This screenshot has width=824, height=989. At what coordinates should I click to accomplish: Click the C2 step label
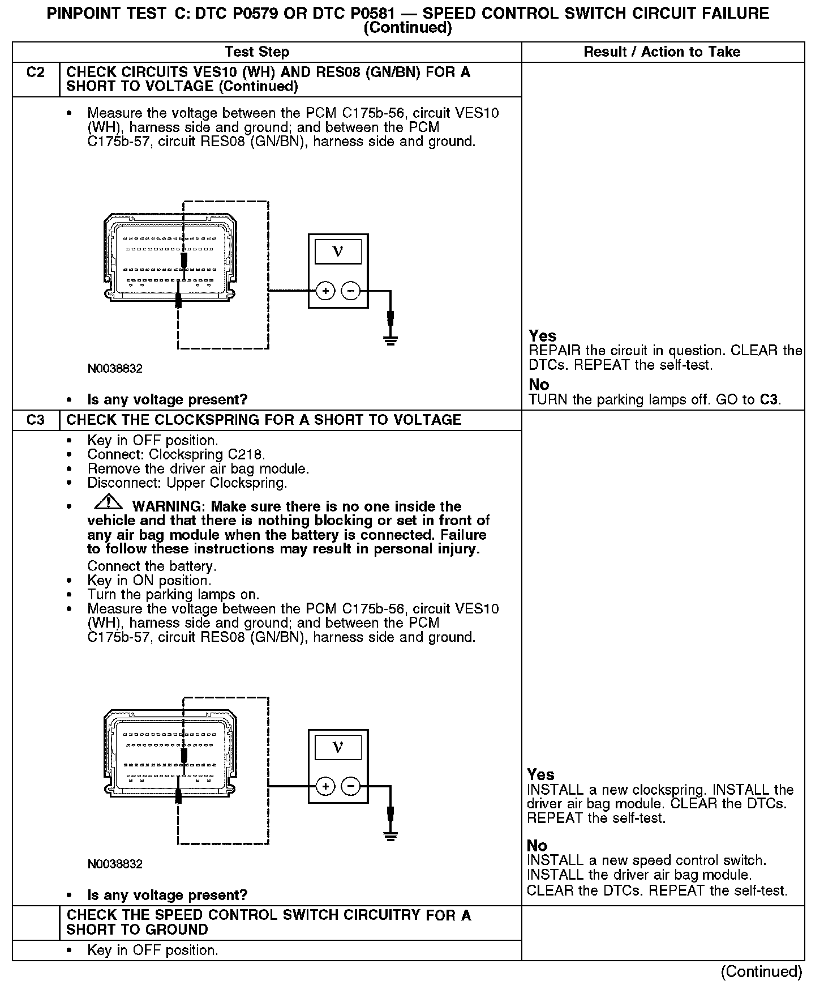click(x=35, y=73)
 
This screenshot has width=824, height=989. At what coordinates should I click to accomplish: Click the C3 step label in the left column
click(x=35, y=420)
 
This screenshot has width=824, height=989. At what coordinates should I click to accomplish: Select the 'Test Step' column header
click(x=257, y=52)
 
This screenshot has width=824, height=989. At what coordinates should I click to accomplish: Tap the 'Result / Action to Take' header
click(x=662, y=52)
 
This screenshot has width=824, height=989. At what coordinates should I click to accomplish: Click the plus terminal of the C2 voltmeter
click(x=325, y=291)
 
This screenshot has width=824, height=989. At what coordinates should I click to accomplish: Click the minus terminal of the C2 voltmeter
click(x=351, y=291)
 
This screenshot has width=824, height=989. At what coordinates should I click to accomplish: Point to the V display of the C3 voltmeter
click(x=338, y=747)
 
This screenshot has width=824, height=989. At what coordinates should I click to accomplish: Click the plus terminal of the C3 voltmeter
click(x=325, y=787)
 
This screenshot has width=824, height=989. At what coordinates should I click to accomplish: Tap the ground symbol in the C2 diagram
click(x=390, y=340)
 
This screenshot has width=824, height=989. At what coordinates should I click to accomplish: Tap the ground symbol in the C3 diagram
click(x=390, y=835)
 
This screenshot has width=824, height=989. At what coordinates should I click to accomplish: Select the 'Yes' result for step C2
click(x=542, y=336)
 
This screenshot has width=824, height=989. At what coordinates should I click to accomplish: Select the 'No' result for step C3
click(x=537, y=846)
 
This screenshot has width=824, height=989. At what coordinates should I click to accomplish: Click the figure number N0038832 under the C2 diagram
click(x=115, y=369)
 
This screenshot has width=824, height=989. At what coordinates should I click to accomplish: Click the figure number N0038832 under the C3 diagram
click(x=115, y=864)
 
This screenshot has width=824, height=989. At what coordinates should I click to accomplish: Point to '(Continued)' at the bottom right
click(x=761, y=972)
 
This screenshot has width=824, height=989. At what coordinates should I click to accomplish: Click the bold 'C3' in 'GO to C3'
click(x=769, y=400)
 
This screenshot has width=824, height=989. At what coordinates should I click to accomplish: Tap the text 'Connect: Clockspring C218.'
click(x=176, y=455)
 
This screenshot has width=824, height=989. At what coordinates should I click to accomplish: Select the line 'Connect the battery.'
click(x=152, y=566)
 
